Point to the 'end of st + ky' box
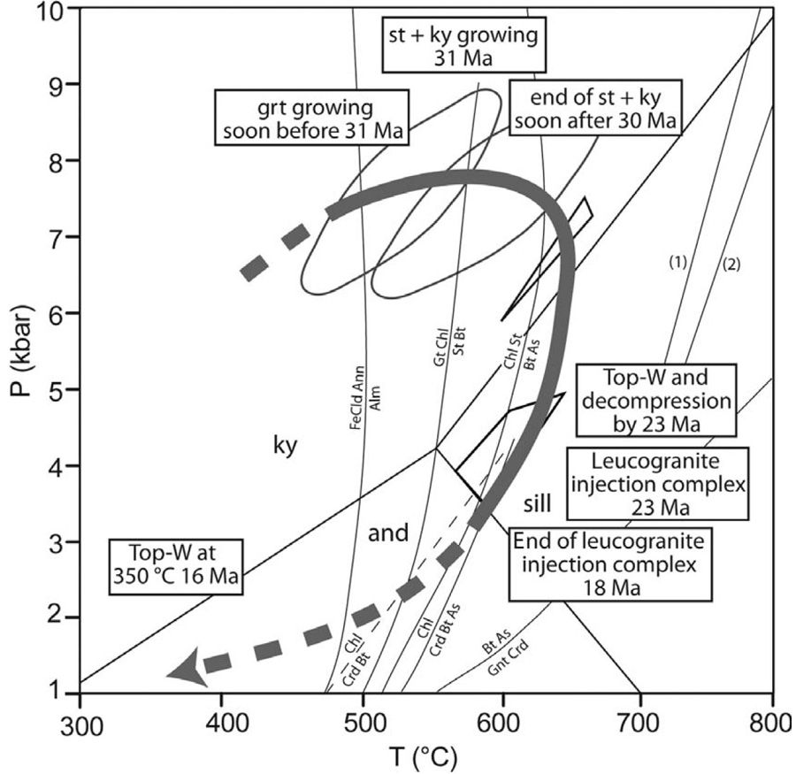pos(592,109)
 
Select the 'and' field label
pos(388,533)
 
